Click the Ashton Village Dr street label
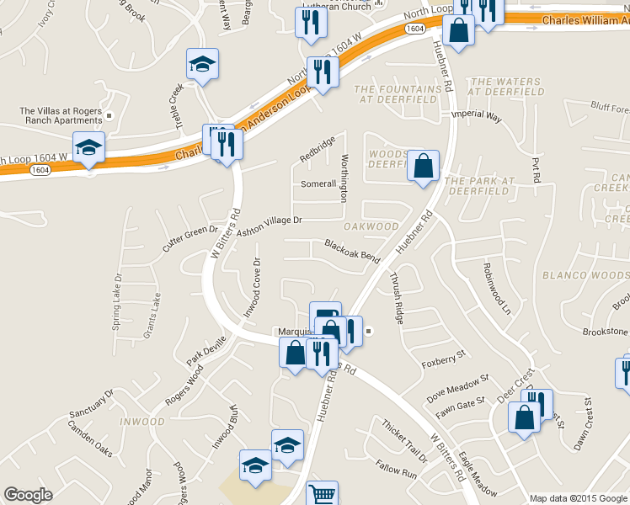pyautogui.click(x=270, y=226)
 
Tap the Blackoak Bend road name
pyautogui.click(x=352, y=250)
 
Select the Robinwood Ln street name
pyautogui.click(x=497, y=286)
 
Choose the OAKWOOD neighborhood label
pyautogui.click(x=371, y=226)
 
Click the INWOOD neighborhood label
pyautogui.click(x=141, y=422)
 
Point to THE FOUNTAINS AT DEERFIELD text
pyautogui.click(x=398, y=94)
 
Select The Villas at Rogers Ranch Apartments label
pyautogui.click(x=61, y=116)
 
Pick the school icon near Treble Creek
pyautogui.click(x=202, y=66)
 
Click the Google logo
pyautogui.click(x=28, y=494)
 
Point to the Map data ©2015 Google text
pyautogui.click(x=578, y=497)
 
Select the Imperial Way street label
pyautogui.click(x=477, y=117)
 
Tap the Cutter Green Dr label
pyautogui.click(x=190, y=239)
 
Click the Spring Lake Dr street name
pyautogui.click(x=117, y=301)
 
